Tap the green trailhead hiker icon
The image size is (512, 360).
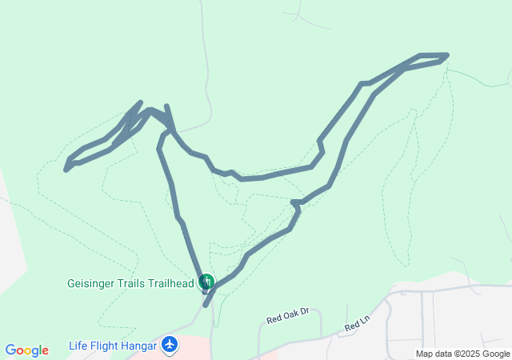pyautogui.click(x=206, y=281)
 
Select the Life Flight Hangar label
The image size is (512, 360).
pyautogui.click(x=113, y=346)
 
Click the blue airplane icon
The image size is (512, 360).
pyautogui.click(x=170, y=345)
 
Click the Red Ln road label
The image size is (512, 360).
pyautogui.click(x=358, y=326)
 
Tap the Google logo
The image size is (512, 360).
pyautogui.click(x=26, y=350)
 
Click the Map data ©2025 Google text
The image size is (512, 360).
pyautogui.click(x=462, y=354)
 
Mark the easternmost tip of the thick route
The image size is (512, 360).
pyautogui.click(x=446, y=55)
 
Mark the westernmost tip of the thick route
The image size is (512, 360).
pyautogui.click(x=66, y=169)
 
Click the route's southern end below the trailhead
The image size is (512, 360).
pyautogui.click(x=205, y=305)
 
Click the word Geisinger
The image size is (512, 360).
pyautogui.click(x=90, y=282)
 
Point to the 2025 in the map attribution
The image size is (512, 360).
pyautogui.click(x=466, y=354)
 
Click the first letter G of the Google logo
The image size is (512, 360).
pyautogui.click(x=10, y=350)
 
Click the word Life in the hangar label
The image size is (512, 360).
pyautogui.click(x=78, y=346)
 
